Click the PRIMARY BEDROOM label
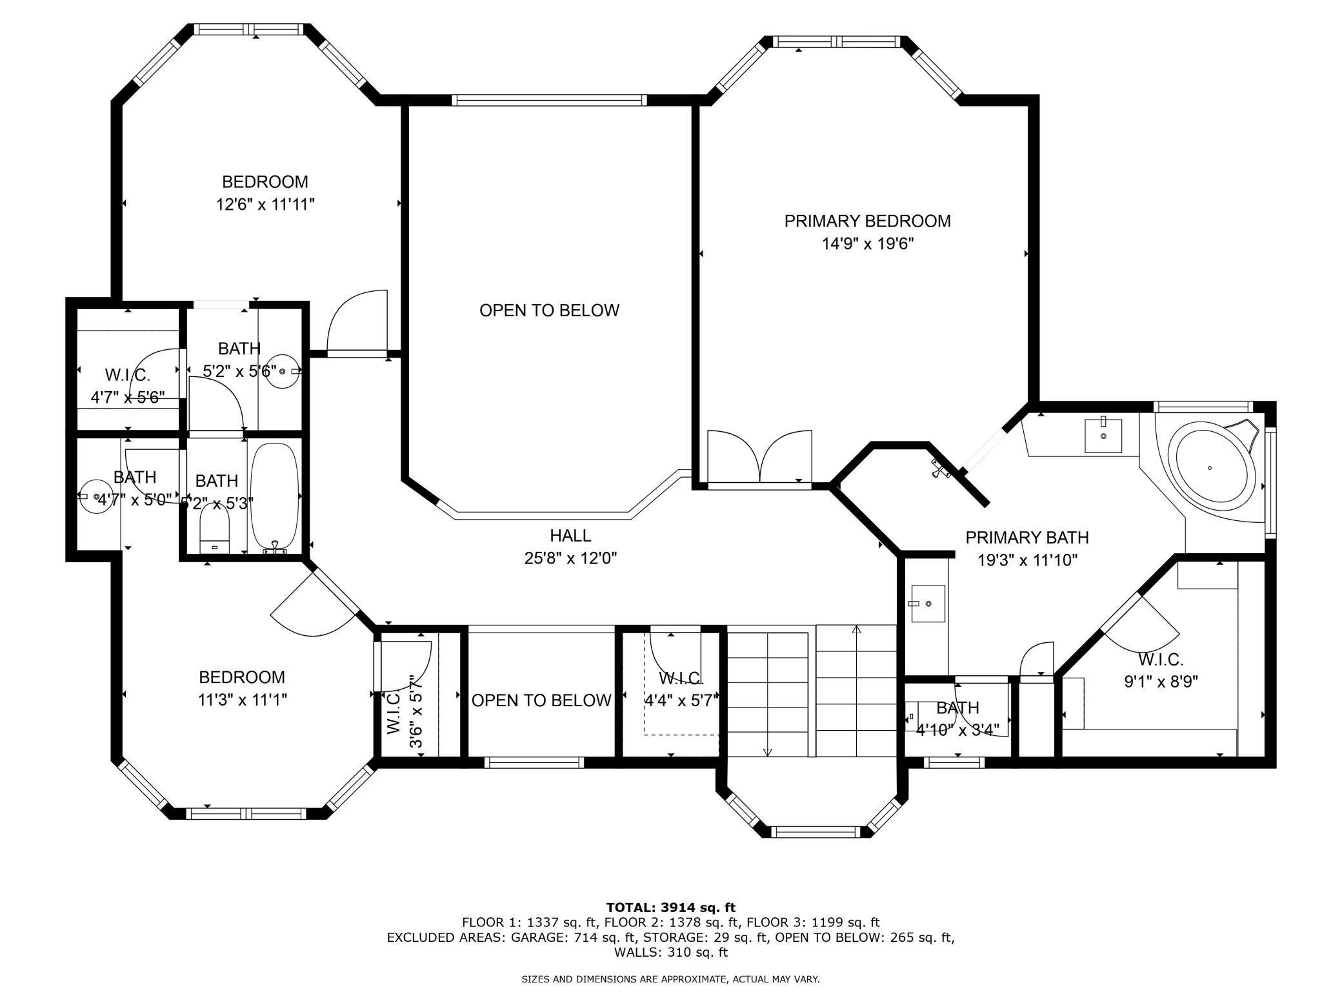(x=867, y=221)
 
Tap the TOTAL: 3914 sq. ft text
(x=670, y=908)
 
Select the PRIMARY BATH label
(x=1027, y=537)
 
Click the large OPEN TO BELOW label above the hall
(x=549, y=310)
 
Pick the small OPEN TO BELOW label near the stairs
(x=541, y=700)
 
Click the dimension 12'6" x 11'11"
(x=265, y=205)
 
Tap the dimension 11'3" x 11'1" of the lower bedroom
(x=242, y=700)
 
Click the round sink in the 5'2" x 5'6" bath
(x=283, y=372)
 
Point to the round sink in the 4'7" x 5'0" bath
(x=97, y=496)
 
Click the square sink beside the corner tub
(x=1103, y=436)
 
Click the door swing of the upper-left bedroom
(x=356, y=320)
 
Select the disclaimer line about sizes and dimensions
(x=670, y=979)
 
